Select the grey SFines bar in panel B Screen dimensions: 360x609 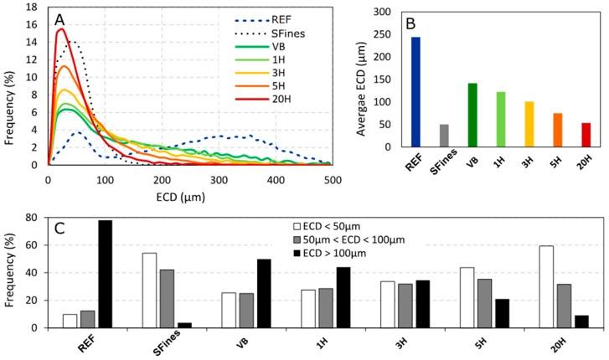pos(444,136)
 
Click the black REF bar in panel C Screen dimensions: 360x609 pos(106,274)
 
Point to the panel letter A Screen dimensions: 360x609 pos(59,18)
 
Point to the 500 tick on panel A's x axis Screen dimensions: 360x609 pos(333,179)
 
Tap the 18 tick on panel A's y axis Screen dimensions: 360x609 pos(34,8)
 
